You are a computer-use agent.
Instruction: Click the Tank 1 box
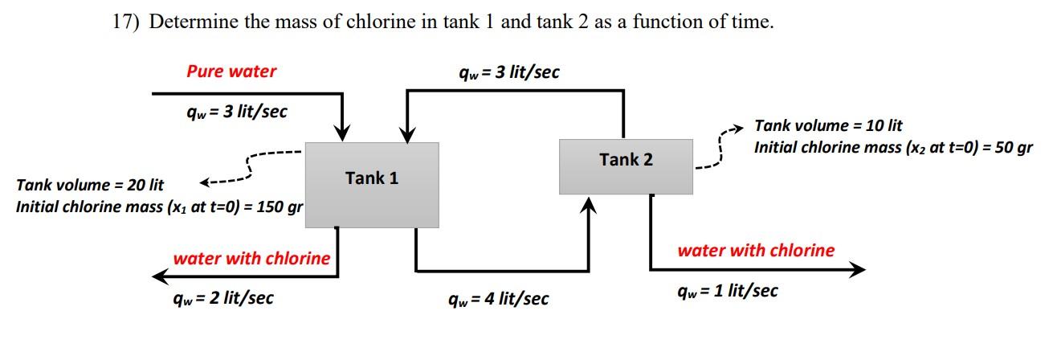[x=372, y=185]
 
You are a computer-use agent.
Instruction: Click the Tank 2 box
[x=626, y=166]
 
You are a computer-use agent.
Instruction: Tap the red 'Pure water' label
[x=231, y=71]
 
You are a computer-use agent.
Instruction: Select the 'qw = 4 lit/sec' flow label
[x=498, y=299]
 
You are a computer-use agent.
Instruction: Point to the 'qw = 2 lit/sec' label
[x=223, y=298]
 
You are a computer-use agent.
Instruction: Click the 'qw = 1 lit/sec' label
[x=727, y=290]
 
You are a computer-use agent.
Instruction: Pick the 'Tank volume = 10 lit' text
[x=828, y=125]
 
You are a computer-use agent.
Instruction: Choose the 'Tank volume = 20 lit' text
[x=90, y=186]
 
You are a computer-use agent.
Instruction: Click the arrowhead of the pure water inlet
[x=343, y=133]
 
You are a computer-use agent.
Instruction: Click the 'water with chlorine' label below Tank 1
[x=251, y=258]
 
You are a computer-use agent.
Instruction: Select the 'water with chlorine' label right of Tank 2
[x=756, y=250]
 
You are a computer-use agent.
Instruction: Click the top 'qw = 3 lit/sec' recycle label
[x=508, y=72]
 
